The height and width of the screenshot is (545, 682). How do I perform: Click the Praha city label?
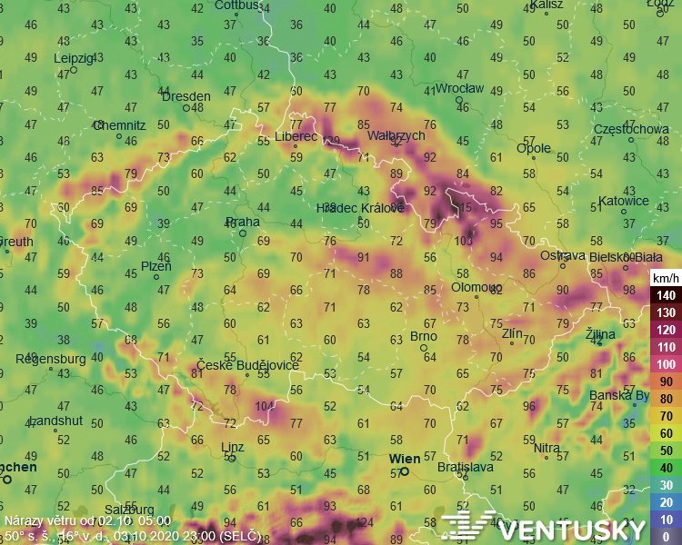pyautogui.click(x=243, y=222)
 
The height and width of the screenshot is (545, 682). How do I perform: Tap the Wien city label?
pyautogui.click(x=405, y=459)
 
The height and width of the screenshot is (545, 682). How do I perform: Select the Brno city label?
pyautogui.click(x=424, y=336)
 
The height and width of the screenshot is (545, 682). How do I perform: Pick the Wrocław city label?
pyautogui.click(x=460, y=89)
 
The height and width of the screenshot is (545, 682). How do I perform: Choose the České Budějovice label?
pyautogui.click(x=248, y=364)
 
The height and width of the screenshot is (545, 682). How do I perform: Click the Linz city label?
pyautogui.click(x=233, y=446)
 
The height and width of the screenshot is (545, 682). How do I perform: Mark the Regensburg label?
pyautogui.click(x=48, y=359)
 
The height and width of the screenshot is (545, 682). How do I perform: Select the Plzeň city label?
pyautogui.click(x=155, y=266)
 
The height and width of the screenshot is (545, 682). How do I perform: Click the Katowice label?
pyautogui.click(x=624, y=201)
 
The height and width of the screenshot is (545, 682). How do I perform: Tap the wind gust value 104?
pyautogui.click(x=266, y=406)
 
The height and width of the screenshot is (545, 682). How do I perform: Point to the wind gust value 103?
pyautogui.click(x=464, y=241)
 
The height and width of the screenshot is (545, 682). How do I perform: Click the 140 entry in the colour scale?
pyautogui.click(x=666, y=295)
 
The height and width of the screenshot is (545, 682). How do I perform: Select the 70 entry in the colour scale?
pyautogui.click(x=666, y=416)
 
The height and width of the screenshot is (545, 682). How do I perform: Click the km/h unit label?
pyautogui.click(x=664, y=276)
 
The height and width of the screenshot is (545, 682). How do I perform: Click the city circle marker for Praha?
pyautogui.click(x=243, y=233)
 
